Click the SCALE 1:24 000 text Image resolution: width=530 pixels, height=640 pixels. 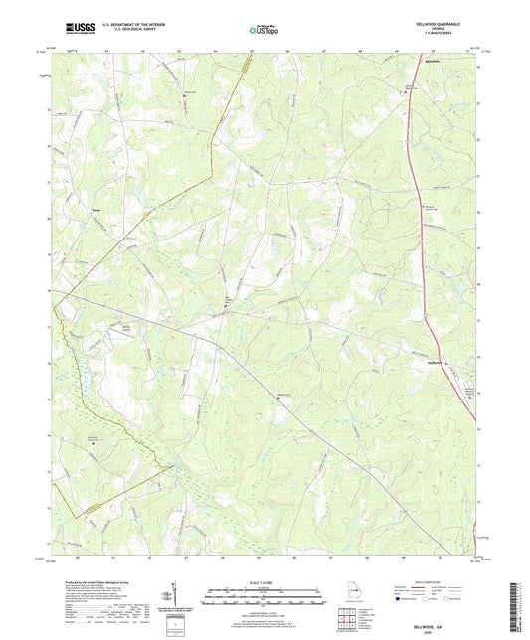265,582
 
